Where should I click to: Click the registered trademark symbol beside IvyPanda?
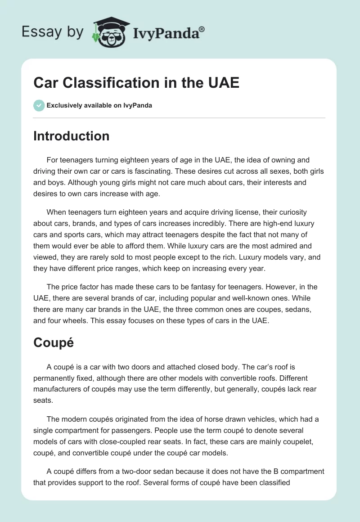click(x=202, y=29)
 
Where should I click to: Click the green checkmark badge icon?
click(x=39, y=105)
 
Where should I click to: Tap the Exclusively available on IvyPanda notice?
click(x=99, y=105)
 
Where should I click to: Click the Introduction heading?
click(x=71, y=136)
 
